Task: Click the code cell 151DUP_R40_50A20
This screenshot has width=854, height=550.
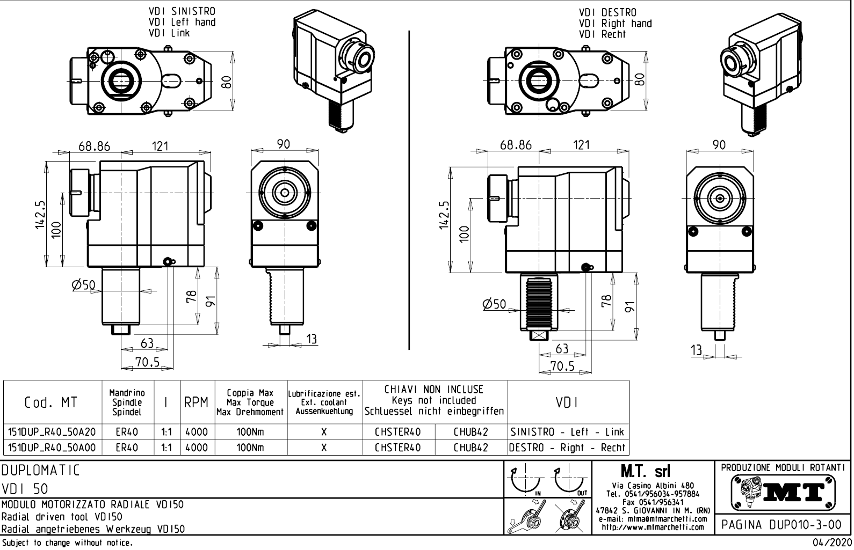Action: coord(52,432)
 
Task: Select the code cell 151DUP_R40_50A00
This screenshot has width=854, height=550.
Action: coord(52,448)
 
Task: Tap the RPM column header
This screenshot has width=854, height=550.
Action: coord(196,402)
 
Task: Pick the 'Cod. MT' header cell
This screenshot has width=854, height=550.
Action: coord(51,402)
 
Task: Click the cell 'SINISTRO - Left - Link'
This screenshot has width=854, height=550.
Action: coord(567,432)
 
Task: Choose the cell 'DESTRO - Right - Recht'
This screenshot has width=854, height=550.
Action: coord(567,448)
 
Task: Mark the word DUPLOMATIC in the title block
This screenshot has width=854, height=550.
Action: coord(41,471)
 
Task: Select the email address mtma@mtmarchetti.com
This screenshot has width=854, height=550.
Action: coord(653,519)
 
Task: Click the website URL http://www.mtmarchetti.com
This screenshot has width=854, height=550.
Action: coord(653,527)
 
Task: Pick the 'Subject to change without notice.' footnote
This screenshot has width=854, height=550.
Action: coord(67,543)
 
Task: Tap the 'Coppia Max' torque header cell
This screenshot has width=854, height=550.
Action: coord(250,402)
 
